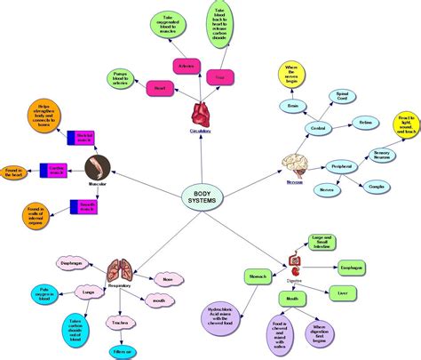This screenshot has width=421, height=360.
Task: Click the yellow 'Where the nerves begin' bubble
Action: pos(293,72)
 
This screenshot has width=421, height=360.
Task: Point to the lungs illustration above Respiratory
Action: pos(121,271)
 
